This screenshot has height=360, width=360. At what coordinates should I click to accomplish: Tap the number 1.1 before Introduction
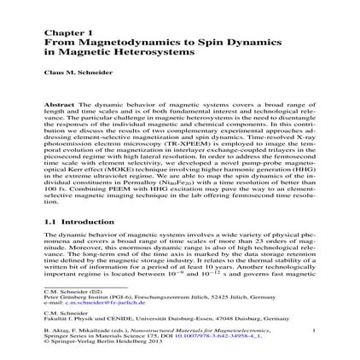pos(49,223)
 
